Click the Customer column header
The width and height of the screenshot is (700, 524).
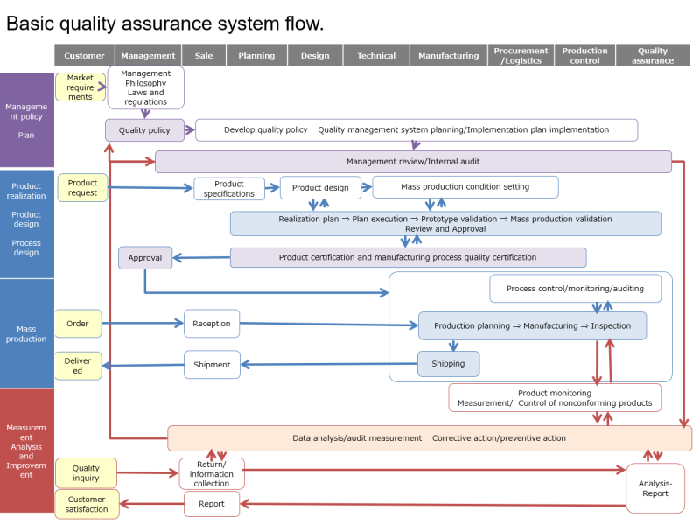pos(85,55)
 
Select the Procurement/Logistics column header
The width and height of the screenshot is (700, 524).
pos(521,55)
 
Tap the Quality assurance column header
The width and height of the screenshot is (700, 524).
pos(652,55)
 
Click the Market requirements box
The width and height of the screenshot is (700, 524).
pos(80,87)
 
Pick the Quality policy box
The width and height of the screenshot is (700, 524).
pos(144,130)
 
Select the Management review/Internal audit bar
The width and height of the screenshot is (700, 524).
pos(413,162)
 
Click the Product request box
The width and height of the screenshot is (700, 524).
pos(83,187)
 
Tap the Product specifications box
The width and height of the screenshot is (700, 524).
pos(229,189)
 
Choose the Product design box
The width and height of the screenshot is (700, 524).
pos(320,187)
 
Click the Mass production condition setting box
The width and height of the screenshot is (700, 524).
pos(465,187)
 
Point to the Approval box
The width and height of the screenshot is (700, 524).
pos(145,258)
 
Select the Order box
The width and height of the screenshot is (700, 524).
pos(78,324)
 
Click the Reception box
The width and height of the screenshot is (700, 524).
pos(212,324)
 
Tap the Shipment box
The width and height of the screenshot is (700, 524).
pos(212,365)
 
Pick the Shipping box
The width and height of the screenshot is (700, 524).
pos(448,364)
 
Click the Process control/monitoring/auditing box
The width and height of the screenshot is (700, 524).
pos(575,289)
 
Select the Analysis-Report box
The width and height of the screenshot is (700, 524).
pos(655,488)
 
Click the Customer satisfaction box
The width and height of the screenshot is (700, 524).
pos(87,504)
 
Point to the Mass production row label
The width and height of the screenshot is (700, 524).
pos(26,333)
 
